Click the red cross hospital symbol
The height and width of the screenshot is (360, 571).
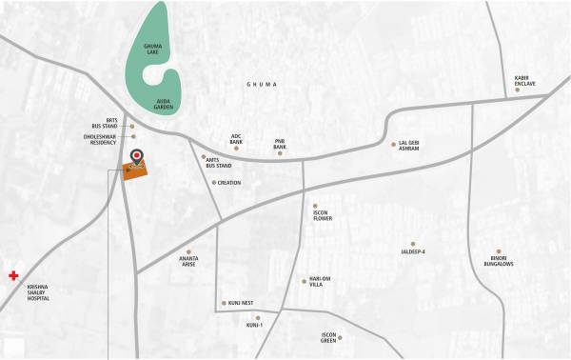click(x=13, y=275)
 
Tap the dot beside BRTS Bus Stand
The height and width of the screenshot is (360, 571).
click(x=132, y=126)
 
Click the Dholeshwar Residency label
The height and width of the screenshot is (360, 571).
click(x=102, y=140)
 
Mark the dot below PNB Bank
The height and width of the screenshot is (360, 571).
click(x=280, y=153)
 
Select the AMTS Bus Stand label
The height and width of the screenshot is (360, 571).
click(x=219, y=164)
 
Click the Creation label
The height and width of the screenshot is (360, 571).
click(x=228, y=183)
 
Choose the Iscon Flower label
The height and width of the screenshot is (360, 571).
click(x=322, y=218)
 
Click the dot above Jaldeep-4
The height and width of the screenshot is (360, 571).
click(x=413, y=244)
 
